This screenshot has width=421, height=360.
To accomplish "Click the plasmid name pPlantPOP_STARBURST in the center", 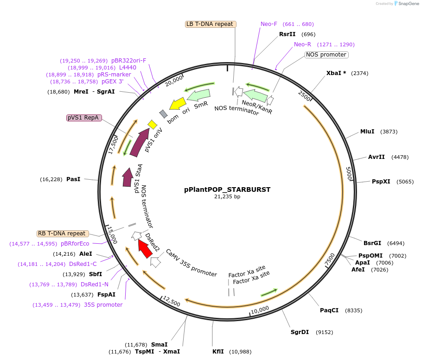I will tap(227, 189).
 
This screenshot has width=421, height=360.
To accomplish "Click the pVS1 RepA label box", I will tap(84, 118).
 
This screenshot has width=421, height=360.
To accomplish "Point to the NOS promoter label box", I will tap(326, 55).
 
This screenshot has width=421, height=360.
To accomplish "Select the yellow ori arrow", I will tap(177, 103).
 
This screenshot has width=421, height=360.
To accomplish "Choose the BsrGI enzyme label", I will tap(372, 243).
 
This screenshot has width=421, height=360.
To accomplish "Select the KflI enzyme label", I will tap(218, 352).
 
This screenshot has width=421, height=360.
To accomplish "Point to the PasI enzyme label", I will tap(73, 179).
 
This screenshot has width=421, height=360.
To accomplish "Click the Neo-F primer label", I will tap(269, 24).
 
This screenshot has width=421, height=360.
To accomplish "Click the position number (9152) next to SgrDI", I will tap(325, 332).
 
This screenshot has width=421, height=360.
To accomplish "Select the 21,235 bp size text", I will tap(227, 196).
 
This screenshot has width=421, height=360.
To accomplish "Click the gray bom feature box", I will tap(163, 114).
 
